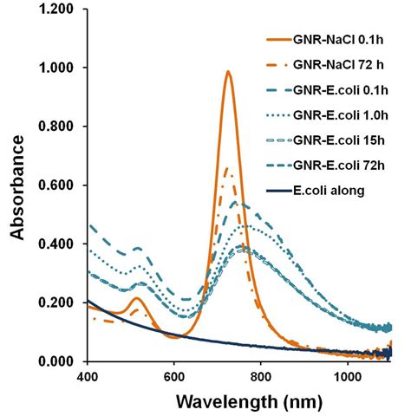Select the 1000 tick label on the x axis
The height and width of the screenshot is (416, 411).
click(348, 378)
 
